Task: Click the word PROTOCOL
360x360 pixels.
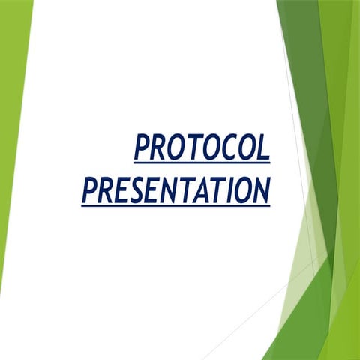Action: pyautogui.click(x=201, y=147)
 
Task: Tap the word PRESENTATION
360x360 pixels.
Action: pyautogui.click(x=175, y=189)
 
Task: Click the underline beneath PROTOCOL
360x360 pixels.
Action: pyautogui.click(x=201, y=162)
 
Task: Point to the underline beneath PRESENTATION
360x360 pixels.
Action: pyautogui.click(x=175, y=204)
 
